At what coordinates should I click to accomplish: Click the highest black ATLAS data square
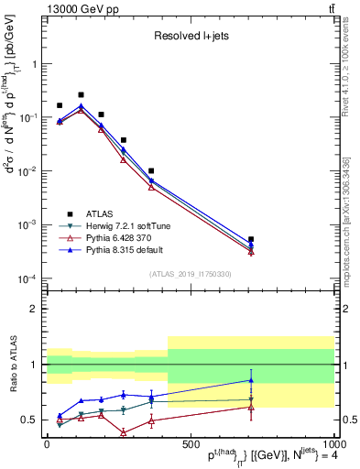click(81, 94)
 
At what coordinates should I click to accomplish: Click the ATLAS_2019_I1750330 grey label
click(189, 273)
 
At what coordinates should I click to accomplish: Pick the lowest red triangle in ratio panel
click(123, 432)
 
